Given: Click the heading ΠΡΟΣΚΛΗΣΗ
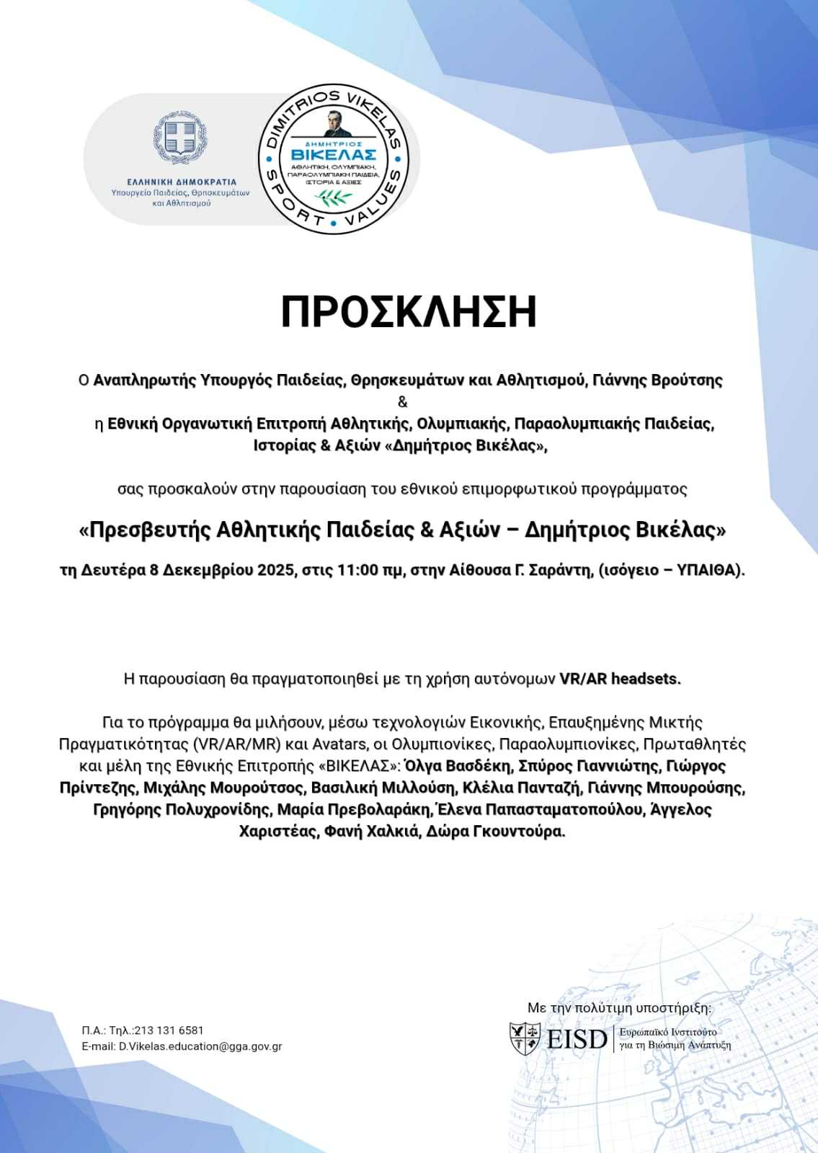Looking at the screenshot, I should (x=409, y=312).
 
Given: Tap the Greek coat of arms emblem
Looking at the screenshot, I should (x=179, y=138).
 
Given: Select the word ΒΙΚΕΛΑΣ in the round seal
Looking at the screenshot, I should (x=334, y=154).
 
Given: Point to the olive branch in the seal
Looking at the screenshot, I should (x=332, y=196).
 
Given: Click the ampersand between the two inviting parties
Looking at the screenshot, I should (x=402, y=401).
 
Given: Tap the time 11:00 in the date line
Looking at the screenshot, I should (x=358, y=570).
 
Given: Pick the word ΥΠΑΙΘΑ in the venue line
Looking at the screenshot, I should (x=708, y=570).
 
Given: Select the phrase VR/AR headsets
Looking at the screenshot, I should (x=620, y=678).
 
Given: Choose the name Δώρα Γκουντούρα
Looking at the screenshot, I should (x=495, y=831).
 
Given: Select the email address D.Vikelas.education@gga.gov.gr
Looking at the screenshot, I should (x=200, y=1046).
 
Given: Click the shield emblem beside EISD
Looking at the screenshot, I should (x=525, y=1038).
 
